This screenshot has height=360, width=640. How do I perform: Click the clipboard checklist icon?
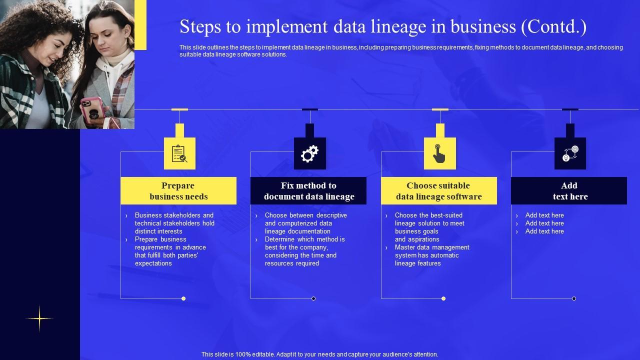tap(179, 154)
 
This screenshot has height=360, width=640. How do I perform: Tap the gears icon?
tap(309, 154)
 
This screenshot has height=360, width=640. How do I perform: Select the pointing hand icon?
tap(439, 153)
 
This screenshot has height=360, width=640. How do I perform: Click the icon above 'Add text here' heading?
tap(570, 153)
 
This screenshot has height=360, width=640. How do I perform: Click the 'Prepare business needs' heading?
tap(178, 191)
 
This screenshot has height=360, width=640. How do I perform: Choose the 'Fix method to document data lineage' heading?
tap(308, 191)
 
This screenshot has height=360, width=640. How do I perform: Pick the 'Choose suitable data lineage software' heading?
tap(439, 191)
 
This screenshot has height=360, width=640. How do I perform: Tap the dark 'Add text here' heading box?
tap(569, 191)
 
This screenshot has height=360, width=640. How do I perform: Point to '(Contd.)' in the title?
tap(553, 26)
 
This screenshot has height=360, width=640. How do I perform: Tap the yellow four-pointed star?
tap(39, 318)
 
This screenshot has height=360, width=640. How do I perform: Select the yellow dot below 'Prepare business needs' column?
tap(183, 298)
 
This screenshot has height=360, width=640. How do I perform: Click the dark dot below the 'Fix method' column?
tap(313, 298)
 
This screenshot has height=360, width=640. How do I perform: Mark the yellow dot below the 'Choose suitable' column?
tap(443, 298)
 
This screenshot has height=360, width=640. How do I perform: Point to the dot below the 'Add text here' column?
tap(574, 298)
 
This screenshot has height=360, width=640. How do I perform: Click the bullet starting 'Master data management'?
tap(431, 255)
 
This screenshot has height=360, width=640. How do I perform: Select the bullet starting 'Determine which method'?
tap(304, 251)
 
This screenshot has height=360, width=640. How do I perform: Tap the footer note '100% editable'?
tap(319, 354)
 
